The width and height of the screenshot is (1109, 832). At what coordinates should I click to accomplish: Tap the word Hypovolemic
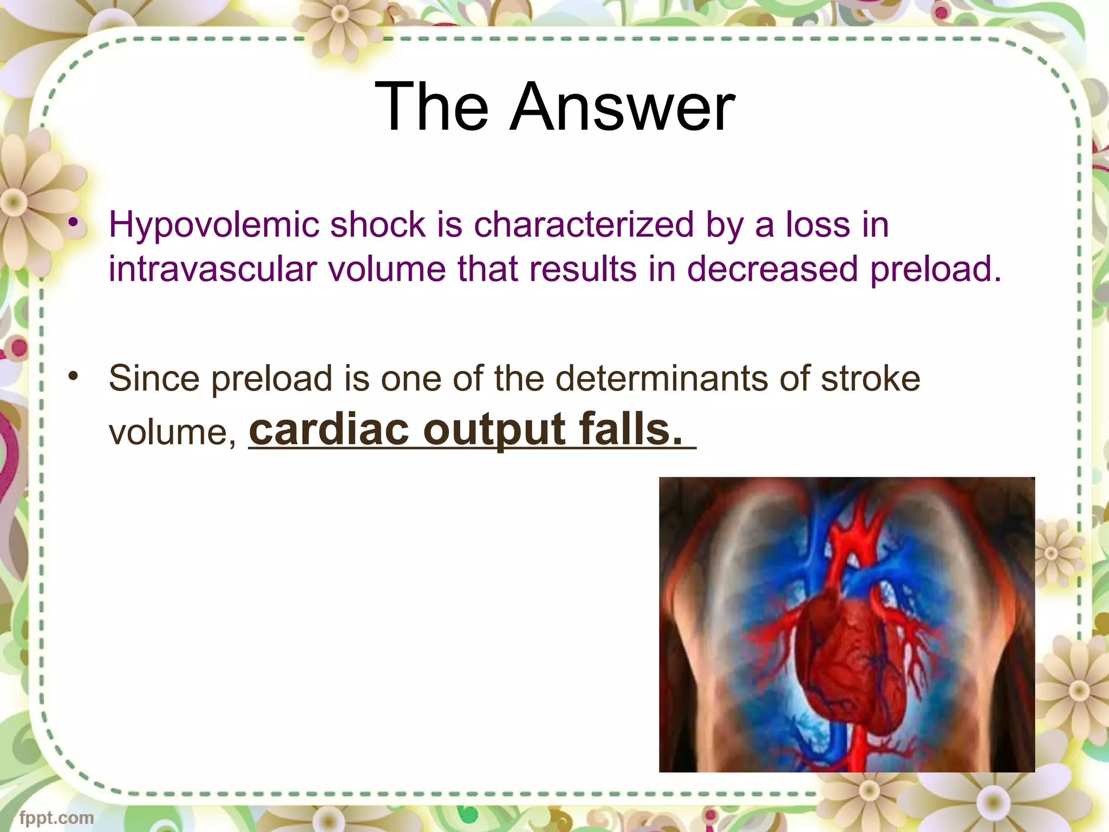tap(214, 225)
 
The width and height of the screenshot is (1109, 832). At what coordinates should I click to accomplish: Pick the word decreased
tap(772, 269)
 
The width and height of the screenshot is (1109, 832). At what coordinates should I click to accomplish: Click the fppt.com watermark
tap(56, 817)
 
